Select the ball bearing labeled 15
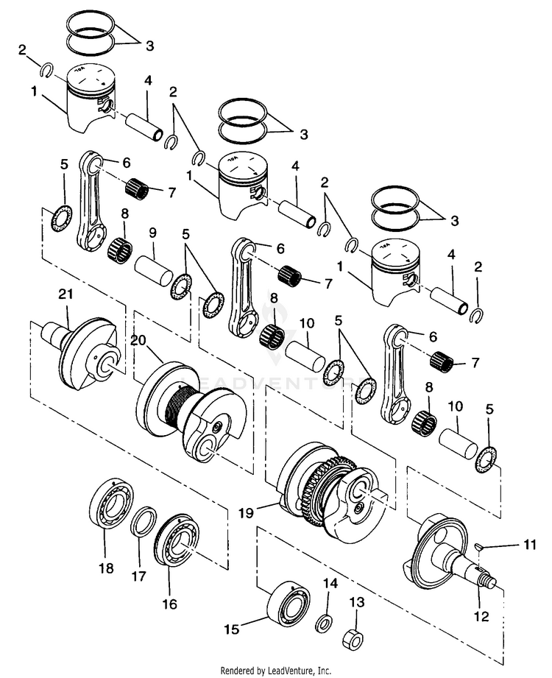tap(289, 604)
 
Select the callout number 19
tap(247, 513)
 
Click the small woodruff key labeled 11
tap(478, 547)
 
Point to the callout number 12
tap(481, 615)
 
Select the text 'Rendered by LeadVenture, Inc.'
tap(276, 671)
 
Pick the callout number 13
tap(357, 602)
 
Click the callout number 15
tap(232, 629)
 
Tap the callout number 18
tap(106, 568)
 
